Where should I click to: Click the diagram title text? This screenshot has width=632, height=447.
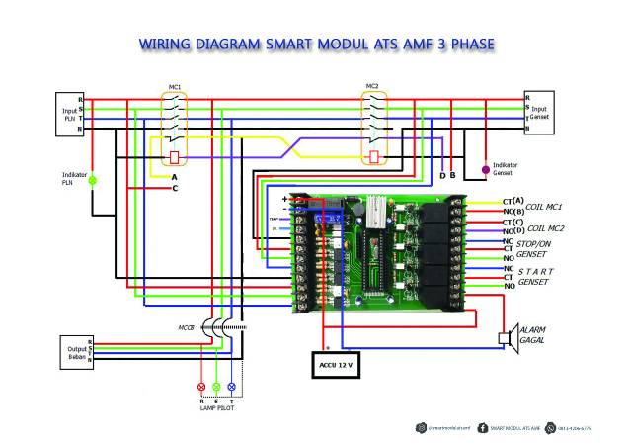316,45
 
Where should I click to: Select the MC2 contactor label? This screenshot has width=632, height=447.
372,86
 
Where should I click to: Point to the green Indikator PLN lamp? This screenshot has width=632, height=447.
93,181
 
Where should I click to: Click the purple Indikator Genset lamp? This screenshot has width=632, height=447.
484,170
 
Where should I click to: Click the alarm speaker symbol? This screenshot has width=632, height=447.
508,338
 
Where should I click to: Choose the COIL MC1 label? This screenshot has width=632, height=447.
543,207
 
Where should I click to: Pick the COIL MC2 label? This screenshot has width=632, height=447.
543,228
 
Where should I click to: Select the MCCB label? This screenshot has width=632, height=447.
186,327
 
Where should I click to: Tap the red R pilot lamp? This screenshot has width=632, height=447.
203,385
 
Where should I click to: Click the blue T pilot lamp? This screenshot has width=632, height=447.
232,385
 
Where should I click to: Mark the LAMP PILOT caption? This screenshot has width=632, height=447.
217,407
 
